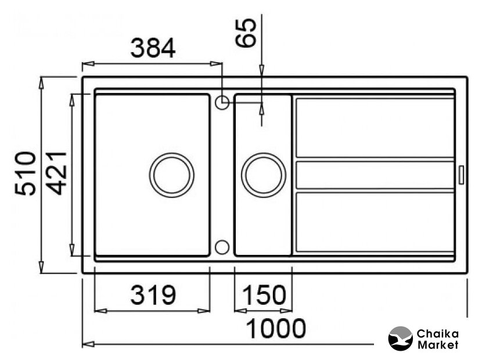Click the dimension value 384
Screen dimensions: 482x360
pyautogui.click(x=153, y=48)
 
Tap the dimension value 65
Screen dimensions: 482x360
pyautogui.click(x=246, y=33)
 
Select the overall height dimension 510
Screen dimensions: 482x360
pyautogui.click(x=26, y=173)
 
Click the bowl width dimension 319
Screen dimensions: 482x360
pyautogui.click(x=153, y=295)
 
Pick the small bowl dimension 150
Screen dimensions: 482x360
pyautogui.click(x=264, y=295)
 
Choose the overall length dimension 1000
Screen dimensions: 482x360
pyautogui.click(x=276, y=328)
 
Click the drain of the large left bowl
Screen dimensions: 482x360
pyautogui.click(x=171, y=175)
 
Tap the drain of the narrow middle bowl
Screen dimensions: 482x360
pyautogui.click(x=264, y=175)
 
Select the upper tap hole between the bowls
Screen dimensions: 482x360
pyautogui.click(x=222, y=102)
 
